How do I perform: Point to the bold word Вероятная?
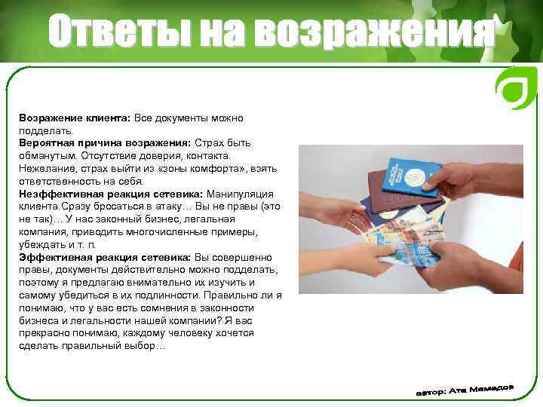point(45,142)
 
